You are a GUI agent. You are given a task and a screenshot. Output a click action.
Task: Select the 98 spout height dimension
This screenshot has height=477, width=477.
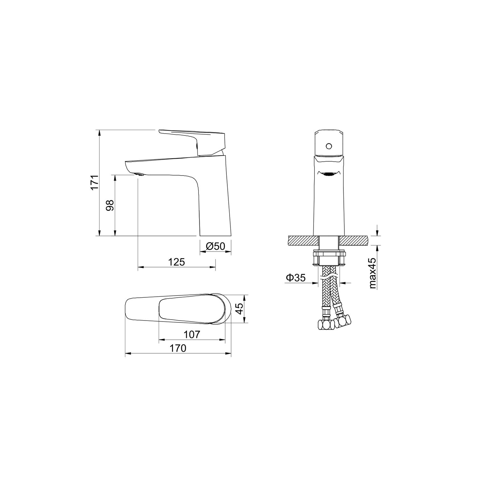click(x=110, y=205)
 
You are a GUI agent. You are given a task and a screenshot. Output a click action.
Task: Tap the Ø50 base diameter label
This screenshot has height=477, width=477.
click(x=215, y=246)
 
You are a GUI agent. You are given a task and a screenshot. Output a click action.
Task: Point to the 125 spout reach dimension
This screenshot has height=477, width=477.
click(x=176, y=262)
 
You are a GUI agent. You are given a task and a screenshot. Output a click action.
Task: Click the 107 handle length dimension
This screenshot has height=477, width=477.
click(x=192, y=335)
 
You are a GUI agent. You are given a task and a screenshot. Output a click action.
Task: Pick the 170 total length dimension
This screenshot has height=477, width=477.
click(x=178, y=348)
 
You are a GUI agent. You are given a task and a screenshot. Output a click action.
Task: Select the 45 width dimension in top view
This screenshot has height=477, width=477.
click(x=239, y=309)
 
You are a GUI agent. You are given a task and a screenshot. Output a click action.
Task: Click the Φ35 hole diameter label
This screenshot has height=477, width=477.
click(x=296, y=278)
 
